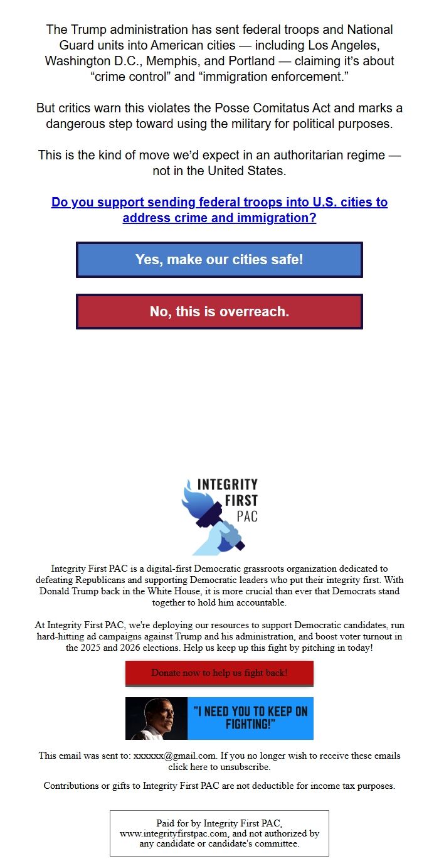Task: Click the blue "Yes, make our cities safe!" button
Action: (219, 260)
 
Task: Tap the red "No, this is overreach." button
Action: (219, 311)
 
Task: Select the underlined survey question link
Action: (219, 210)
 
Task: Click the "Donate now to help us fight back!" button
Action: (219, 673)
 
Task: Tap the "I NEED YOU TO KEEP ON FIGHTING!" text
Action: (250, 718)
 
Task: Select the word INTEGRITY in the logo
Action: (227, 484)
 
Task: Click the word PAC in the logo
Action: (247, 516)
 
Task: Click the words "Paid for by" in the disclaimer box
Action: (179, 823)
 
